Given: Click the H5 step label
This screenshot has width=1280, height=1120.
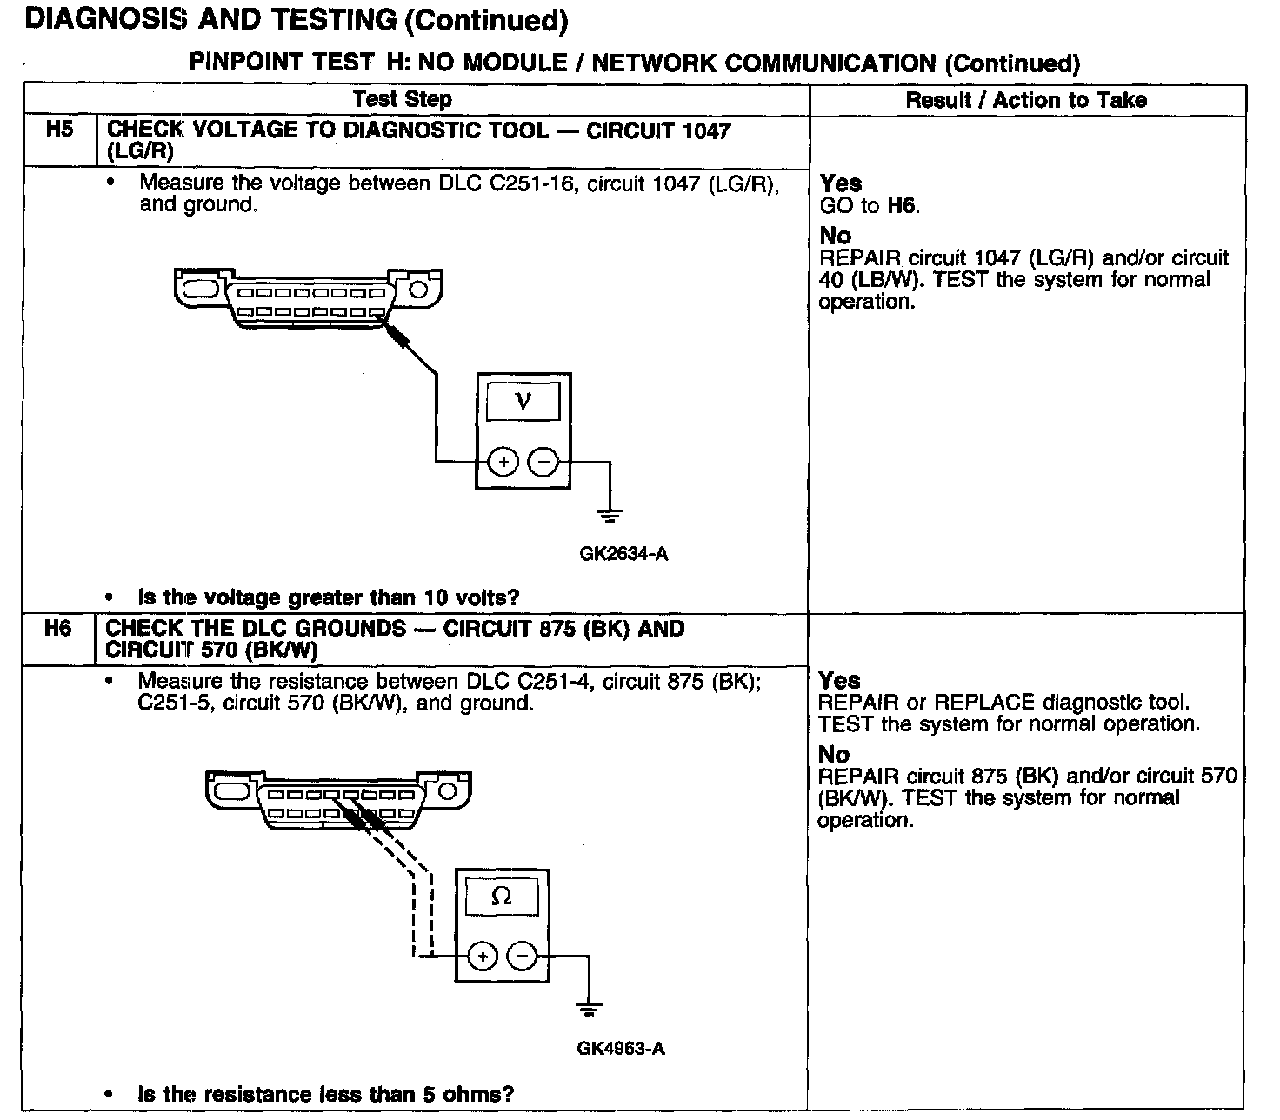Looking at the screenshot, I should pos(59,130).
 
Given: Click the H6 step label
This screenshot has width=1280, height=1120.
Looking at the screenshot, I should pos(57,628).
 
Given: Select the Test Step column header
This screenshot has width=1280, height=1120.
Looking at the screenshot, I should pos(402,99).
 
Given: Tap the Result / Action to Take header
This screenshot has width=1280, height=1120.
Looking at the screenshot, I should pos(1026,100).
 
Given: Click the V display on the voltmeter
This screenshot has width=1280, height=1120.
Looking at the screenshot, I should pos(523,402).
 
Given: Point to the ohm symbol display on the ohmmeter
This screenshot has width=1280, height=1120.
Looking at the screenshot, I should pos(502,897).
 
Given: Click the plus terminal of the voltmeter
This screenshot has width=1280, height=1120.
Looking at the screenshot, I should pos(503,462).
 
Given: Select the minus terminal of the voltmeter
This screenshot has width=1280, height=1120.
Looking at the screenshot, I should pos(543,462).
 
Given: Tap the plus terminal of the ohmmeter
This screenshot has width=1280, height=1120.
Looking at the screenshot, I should pos(483,957).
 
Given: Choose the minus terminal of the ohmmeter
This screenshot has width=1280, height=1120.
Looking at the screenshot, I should pos(523,957).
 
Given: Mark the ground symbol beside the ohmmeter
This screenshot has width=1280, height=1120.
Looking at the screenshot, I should pos(589,1010).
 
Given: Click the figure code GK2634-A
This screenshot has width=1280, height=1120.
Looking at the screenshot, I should pos(623,554).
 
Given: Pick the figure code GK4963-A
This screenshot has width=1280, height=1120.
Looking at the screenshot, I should pos(621,1049).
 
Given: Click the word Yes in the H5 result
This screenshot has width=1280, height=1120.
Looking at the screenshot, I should pos(841,183).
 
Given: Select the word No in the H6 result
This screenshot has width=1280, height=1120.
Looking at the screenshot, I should pos(834,754).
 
